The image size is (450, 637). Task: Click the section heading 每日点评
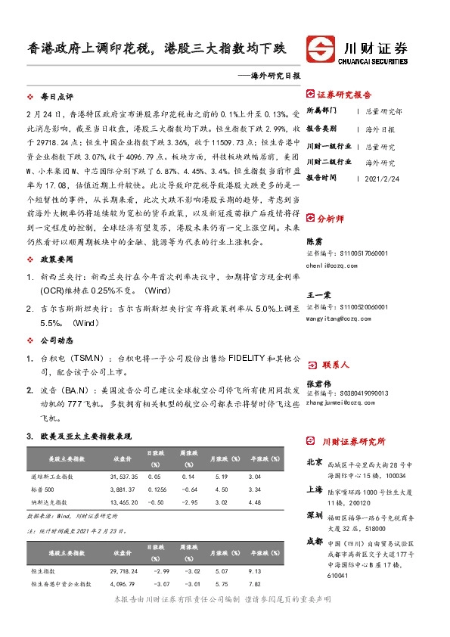coord(57,98)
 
